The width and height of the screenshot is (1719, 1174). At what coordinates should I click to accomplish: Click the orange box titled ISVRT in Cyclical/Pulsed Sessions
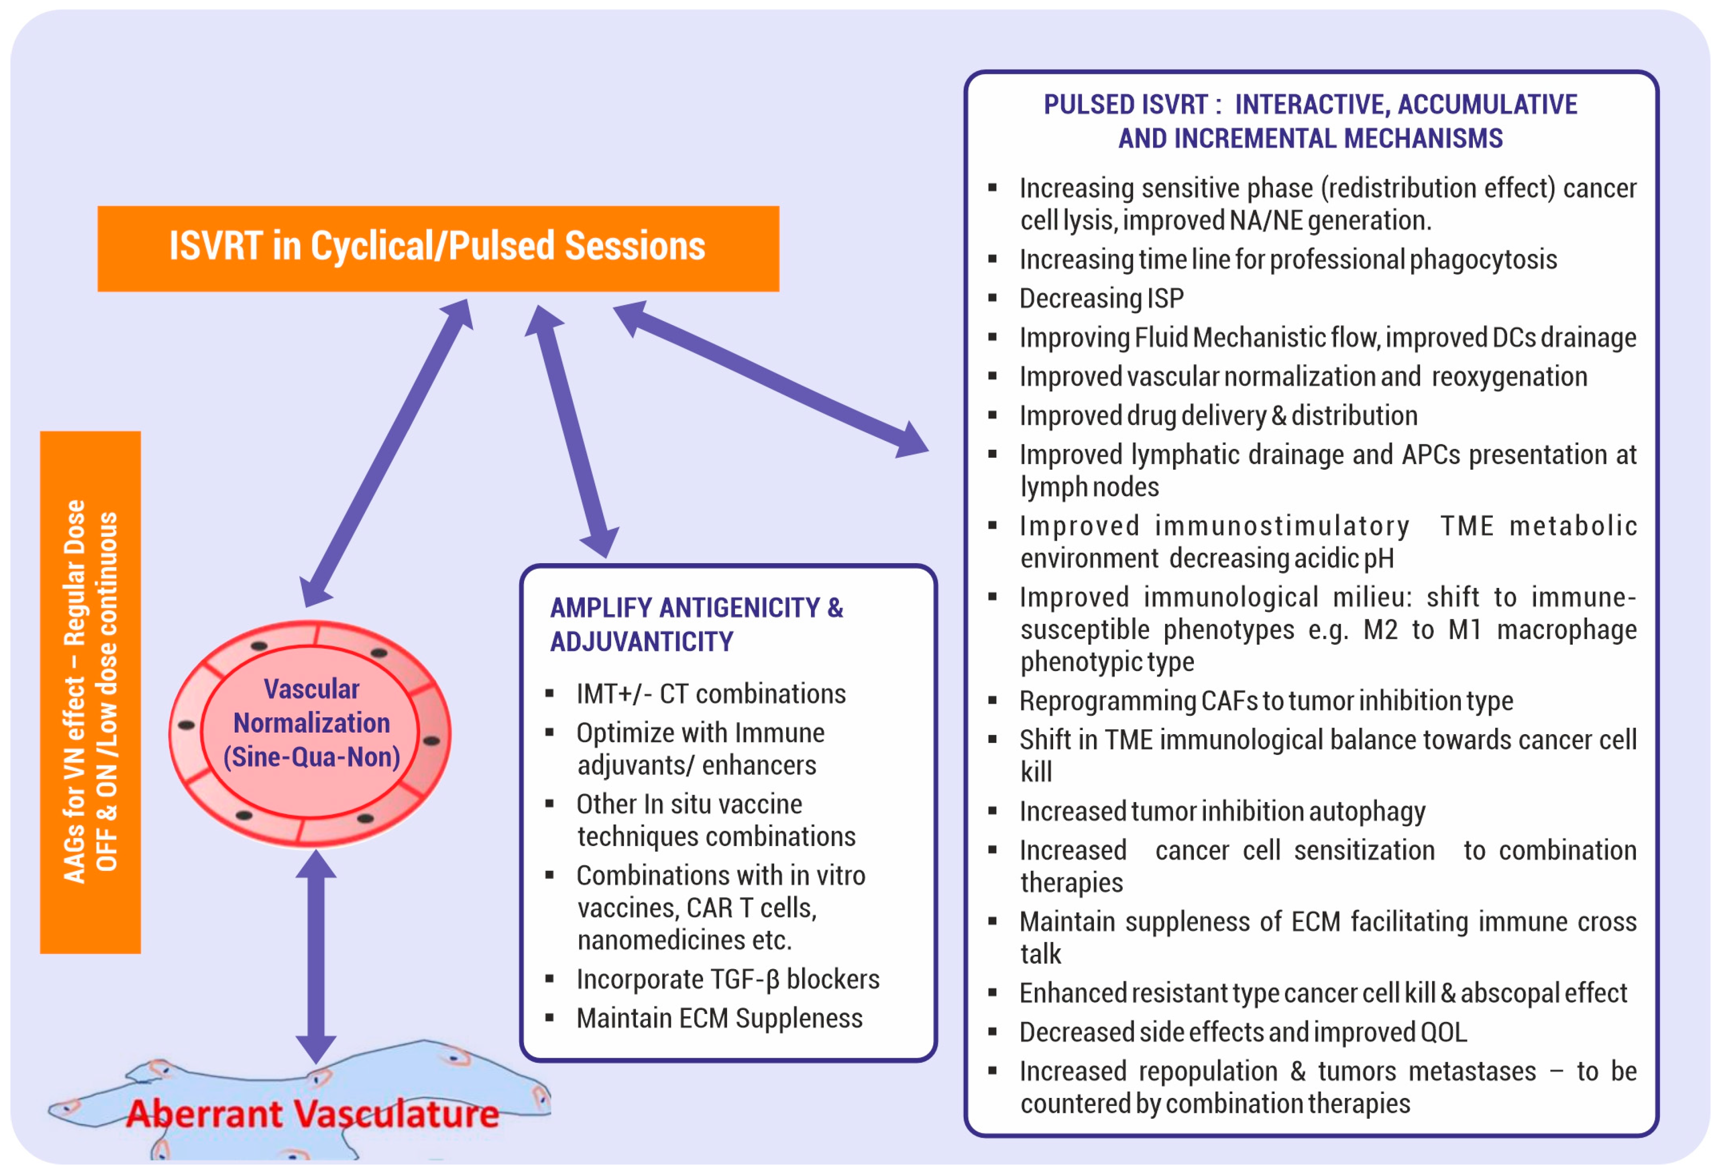(x=438, y=249)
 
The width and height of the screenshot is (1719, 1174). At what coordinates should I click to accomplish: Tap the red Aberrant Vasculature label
(x=312, y=1113)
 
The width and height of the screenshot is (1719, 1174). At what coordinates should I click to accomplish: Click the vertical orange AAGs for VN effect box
(x=90, y=692)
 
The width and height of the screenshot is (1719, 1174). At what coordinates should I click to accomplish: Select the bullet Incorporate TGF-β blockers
(x=728, y=980)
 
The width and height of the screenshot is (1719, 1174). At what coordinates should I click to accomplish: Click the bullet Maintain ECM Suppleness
(x=719, y=1019)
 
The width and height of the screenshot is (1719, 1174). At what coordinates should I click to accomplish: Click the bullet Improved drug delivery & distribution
(x=1218, y=416)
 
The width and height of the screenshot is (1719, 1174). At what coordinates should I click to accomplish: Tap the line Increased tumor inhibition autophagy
(x=1222, y=812)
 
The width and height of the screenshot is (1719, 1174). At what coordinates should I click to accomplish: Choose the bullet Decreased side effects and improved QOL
(x=1243, y=1032)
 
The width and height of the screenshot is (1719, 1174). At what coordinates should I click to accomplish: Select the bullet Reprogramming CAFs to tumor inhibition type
(x=1267, y=701)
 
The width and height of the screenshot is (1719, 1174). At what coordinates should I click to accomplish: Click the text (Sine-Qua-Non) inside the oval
(x=311, y=757)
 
